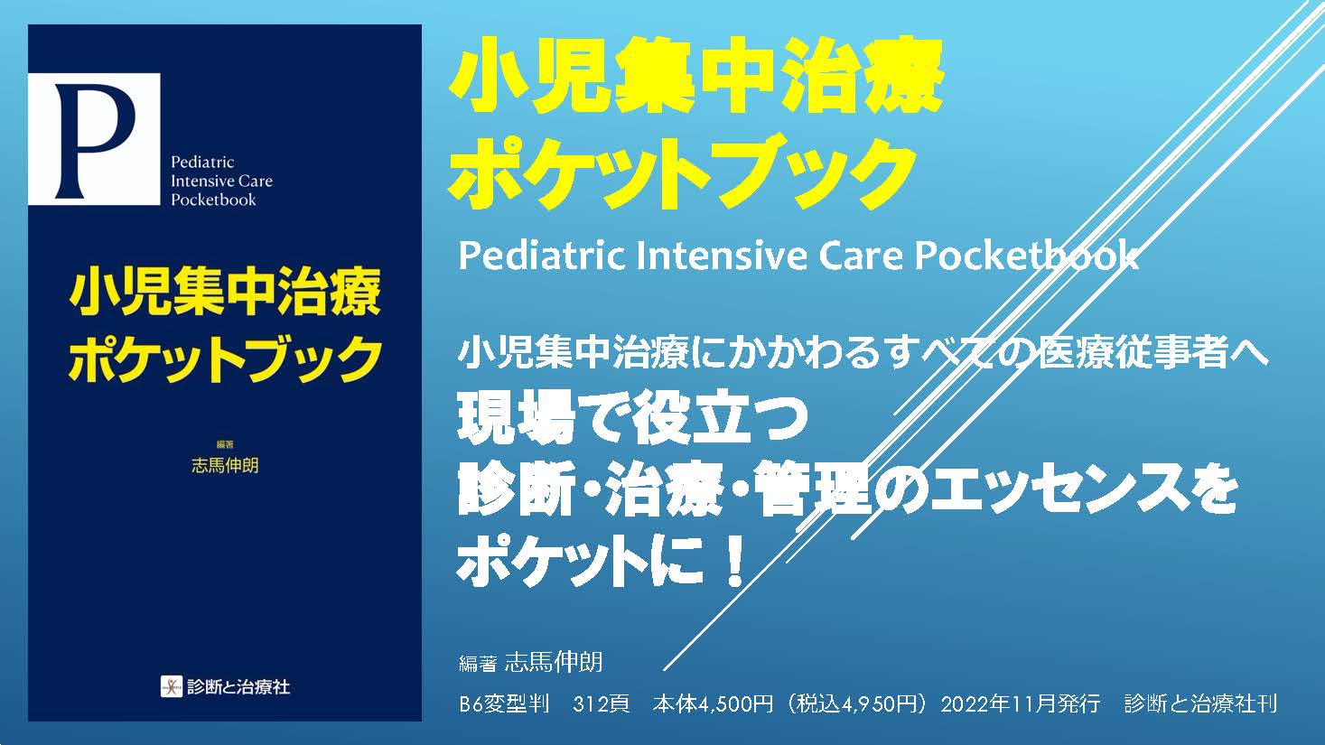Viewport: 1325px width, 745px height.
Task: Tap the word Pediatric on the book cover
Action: point(202,163)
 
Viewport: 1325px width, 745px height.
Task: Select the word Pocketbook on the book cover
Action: point(213,200)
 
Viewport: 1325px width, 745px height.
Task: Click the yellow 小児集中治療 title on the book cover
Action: point(224,293)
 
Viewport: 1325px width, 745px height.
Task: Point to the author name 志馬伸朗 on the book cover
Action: point(225,466)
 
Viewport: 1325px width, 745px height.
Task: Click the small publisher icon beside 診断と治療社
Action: point(171,686)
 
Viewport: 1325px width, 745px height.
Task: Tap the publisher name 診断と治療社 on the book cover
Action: point(238,686)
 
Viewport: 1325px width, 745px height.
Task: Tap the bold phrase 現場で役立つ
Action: point(632,422)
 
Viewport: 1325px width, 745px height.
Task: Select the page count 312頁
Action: point(601,704)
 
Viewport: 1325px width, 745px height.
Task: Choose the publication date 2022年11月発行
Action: point(1021,704)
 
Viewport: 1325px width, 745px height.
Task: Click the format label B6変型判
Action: point(504,704)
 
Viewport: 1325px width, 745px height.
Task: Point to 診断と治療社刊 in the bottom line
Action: point(1200,704)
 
